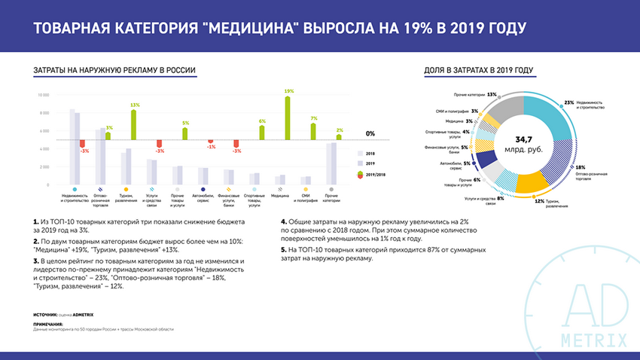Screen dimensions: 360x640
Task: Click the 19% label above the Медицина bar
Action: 288,91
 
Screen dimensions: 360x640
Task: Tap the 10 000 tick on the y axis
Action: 44,95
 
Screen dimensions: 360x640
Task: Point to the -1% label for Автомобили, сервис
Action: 212,147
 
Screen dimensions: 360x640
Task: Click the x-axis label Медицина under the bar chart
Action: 281,195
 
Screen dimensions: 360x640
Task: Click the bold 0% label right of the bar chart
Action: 370,133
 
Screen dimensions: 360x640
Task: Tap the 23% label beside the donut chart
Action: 569,102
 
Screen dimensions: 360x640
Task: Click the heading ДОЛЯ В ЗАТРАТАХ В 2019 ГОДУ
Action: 479,70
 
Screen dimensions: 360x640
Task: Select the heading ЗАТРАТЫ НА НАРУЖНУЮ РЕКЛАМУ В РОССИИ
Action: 115,70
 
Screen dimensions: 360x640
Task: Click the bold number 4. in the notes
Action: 284,222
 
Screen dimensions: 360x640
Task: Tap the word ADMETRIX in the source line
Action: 84,313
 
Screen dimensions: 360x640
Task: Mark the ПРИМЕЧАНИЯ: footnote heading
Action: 49,325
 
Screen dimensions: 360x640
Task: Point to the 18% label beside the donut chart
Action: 580,167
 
